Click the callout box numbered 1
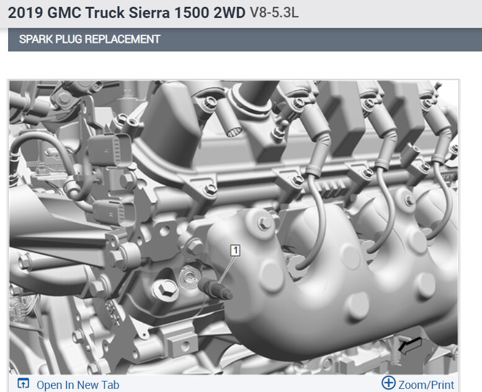point(235,250)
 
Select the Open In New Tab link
point(78,385)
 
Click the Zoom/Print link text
point(426,385)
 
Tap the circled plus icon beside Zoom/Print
point(388,383)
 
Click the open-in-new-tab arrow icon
point(24,383)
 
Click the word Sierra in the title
point(149,13)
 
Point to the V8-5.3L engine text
point(274,13)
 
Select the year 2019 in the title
point(25,13)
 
